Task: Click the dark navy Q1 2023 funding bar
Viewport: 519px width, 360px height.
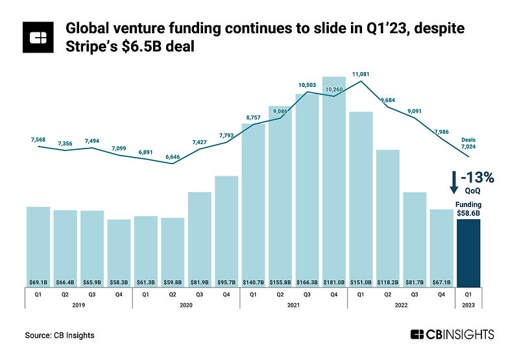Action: [468, 253]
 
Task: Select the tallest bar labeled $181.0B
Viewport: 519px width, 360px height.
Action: [334, 182]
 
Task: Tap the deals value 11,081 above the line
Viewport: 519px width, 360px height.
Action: [361, 75]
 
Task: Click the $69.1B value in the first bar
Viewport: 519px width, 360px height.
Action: [38, 282]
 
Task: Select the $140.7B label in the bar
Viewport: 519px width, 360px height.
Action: [254, 282]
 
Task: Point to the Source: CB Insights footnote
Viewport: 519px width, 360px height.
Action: [59, 335]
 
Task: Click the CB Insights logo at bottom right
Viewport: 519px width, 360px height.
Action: [452, 335]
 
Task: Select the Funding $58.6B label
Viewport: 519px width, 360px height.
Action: [468, 208]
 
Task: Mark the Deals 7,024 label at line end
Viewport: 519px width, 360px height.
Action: [468, 143]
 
